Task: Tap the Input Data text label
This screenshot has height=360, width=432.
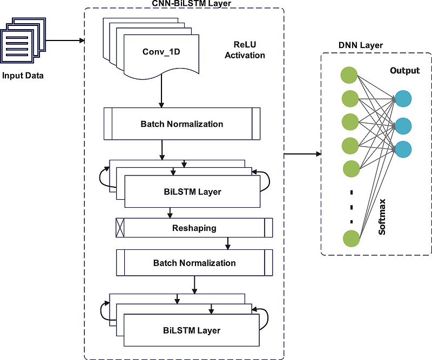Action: (23, 75)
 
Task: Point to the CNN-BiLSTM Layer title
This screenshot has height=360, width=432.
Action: (184, 4)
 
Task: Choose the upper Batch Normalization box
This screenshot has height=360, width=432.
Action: (181, 124)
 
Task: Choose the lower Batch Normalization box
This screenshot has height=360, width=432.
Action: (194, 263)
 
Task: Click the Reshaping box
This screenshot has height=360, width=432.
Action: (194, 228)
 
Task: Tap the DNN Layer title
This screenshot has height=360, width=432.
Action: (376, 46)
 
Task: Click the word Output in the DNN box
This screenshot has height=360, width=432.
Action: (404, 71)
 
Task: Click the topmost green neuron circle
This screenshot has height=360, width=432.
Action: (350, 75)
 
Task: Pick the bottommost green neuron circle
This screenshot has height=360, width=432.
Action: (350, 238)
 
